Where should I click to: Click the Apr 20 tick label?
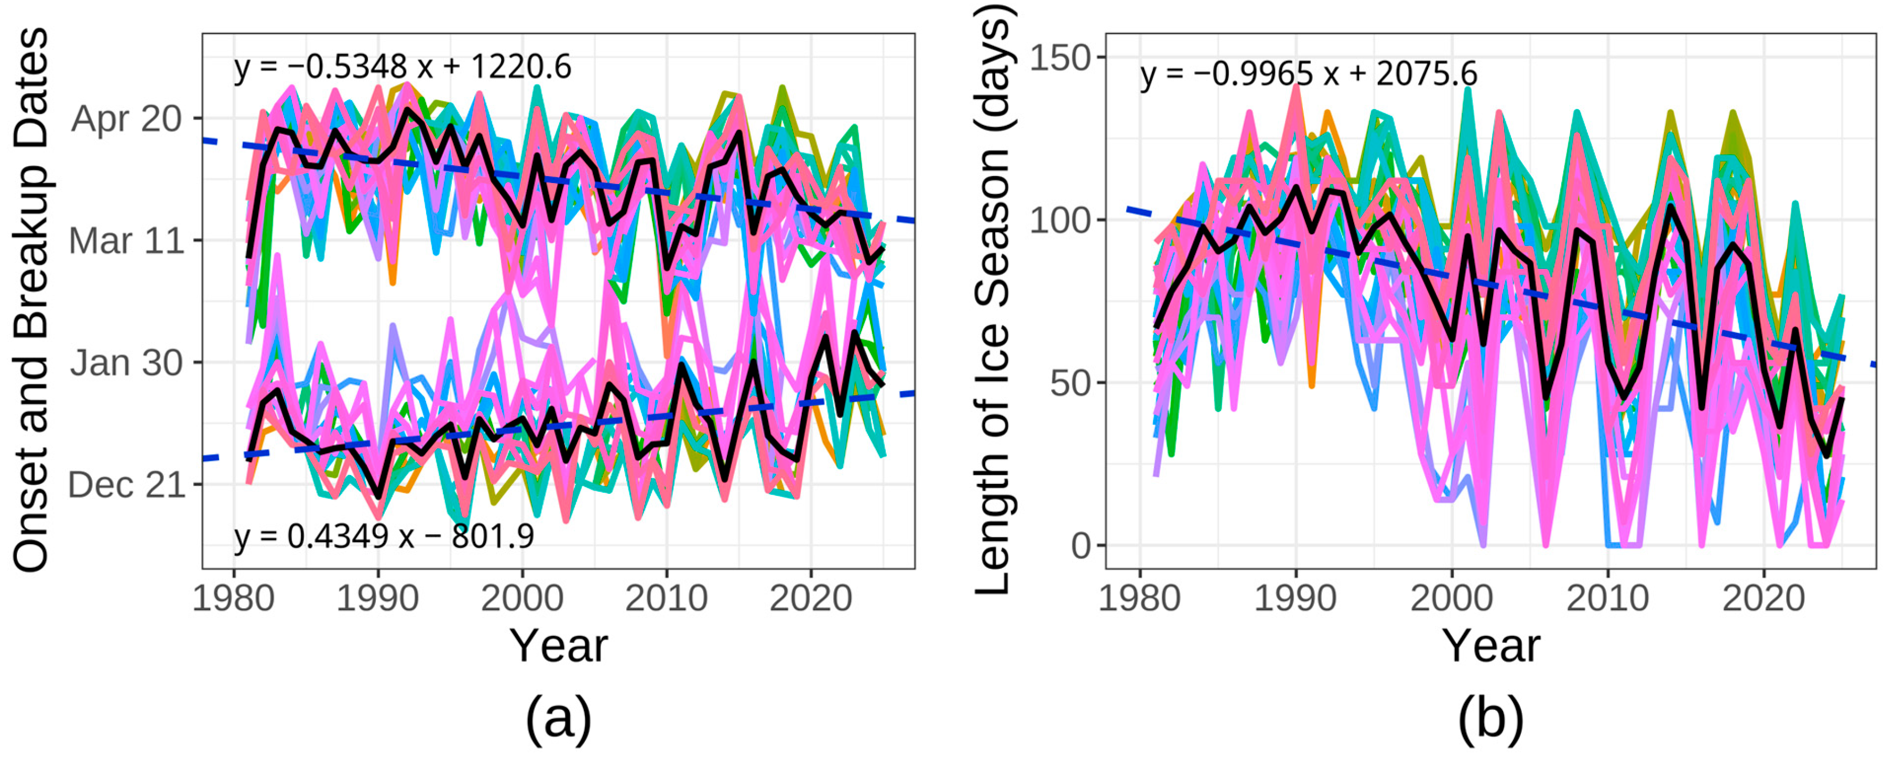pos(126,118)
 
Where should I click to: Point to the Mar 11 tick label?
pos(126,241)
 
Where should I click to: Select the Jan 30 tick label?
pos(126,363)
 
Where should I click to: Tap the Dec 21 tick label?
pos(126,484)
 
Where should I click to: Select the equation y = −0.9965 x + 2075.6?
pos(1309,74)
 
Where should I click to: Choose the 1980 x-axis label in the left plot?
pos(233,598)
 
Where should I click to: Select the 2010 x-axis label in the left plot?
pos(666,598)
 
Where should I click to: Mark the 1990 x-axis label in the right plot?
pos(1296,598)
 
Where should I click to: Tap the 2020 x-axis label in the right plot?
pos(1764,598)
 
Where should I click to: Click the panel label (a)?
pos(559,718)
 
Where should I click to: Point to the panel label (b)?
pos(1490,718)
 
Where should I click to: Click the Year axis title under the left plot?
pos(559,646)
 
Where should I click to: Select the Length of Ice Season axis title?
pos(992,299)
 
